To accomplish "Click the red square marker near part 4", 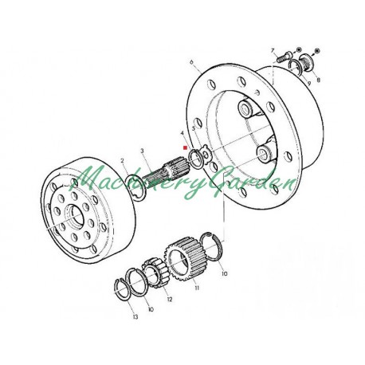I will (184, 147).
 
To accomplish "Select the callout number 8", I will (320, 80).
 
